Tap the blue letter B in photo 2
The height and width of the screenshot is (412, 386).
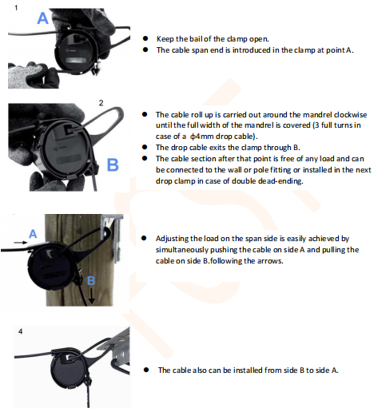pyautogui.click(x=112, y=165)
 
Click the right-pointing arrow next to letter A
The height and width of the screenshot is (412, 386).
pyautogui.click(x=18, y=239)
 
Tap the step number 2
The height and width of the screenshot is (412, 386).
pyautogui.click(x=101, y=102)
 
